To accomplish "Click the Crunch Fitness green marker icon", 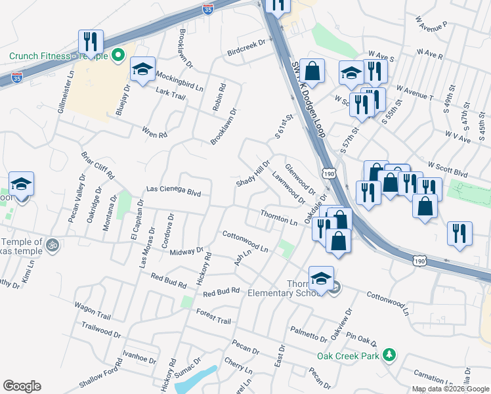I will [x=119, y=56].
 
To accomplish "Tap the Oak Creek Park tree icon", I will [x=389, y=355].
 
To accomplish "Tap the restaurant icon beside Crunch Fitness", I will [x=91, y=41].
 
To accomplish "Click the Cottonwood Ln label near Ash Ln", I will [x=245, y=242].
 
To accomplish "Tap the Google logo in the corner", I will [x=22, y=386].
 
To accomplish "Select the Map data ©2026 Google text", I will [x=451, y=389].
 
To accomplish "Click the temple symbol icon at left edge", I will [x=53, y=246].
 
